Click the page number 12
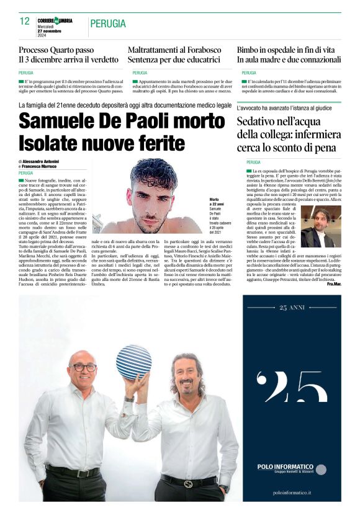pyautogui.click(x=25, y=21)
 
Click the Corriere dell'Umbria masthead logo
pyautogui.click(x=55, y=20)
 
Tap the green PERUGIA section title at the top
pyautogui.click(x=108, y=24)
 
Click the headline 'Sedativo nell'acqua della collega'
pyautogui.click(x=289, y=133)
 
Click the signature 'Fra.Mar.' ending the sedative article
pyautogui.click(x=334, y=283)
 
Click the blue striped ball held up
pyautogui.click(x=133, y=361)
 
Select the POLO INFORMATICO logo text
pyautogui.click(x=285, y=466)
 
